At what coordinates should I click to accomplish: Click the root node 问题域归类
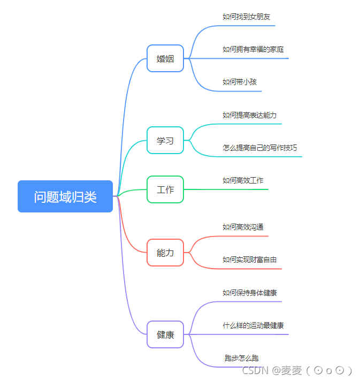point(65,196)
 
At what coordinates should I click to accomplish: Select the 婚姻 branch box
point(165,58)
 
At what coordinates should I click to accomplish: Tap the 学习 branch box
point(165,140)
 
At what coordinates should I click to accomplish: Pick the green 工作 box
point(165,189)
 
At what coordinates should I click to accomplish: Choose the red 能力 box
point(165,253)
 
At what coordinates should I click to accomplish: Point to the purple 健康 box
point(165,334)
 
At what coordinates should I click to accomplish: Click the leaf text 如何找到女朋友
point(246,17)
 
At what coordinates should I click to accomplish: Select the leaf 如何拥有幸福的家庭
point(253,49)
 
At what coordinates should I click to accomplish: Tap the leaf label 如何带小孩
point(240,82)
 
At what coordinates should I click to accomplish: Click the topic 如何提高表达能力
point(249,115)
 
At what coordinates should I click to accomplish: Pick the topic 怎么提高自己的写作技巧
point(259,148)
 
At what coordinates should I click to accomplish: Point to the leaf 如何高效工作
point(243,180)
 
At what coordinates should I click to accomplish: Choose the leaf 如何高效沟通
point(243,227)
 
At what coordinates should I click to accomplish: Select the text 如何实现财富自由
point(249,260)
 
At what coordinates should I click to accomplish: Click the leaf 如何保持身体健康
point(249,293)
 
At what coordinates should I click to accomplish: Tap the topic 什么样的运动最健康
point(253,325)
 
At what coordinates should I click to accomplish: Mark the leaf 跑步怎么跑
point(241,358)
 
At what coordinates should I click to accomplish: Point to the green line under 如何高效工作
point(235,189)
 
